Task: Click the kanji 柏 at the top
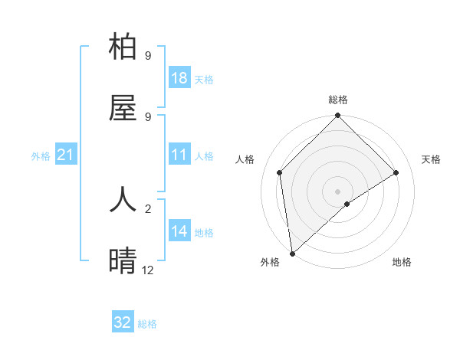coord(123,47)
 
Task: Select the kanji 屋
coord(123,109)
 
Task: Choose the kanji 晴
coord(123,260)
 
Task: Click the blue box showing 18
coord(179,78)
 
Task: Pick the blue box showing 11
coord(179,155)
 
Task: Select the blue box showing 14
coord(179,231)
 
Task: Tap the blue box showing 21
coord(66,155)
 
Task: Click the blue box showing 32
coord(123,322)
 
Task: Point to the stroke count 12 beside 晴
coord(147,270)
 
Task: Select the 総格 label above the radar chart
coord(338,100)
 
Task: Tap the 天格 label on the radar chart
coord(431,159)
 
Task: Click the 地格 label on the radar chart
coord(402,262)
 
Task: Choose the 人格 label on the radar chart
coord(245,159)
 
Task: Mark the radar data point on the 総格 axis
coord(338,116)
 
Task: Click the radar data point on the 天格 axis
coord(396,172)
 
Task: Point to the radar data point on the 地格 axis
coord(347,204)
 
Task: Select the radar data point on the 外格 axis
coord(292,254)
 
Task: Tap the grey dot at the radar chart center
coord(338,191)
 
